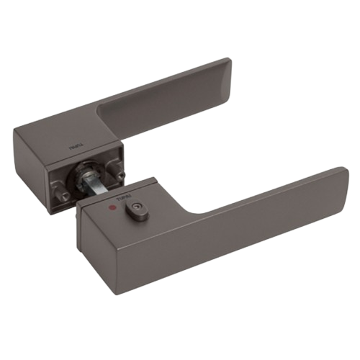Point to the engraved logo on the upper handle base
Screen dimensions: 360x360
point(76,148)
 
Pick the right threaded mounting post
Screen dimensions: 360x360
point(120,174)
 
